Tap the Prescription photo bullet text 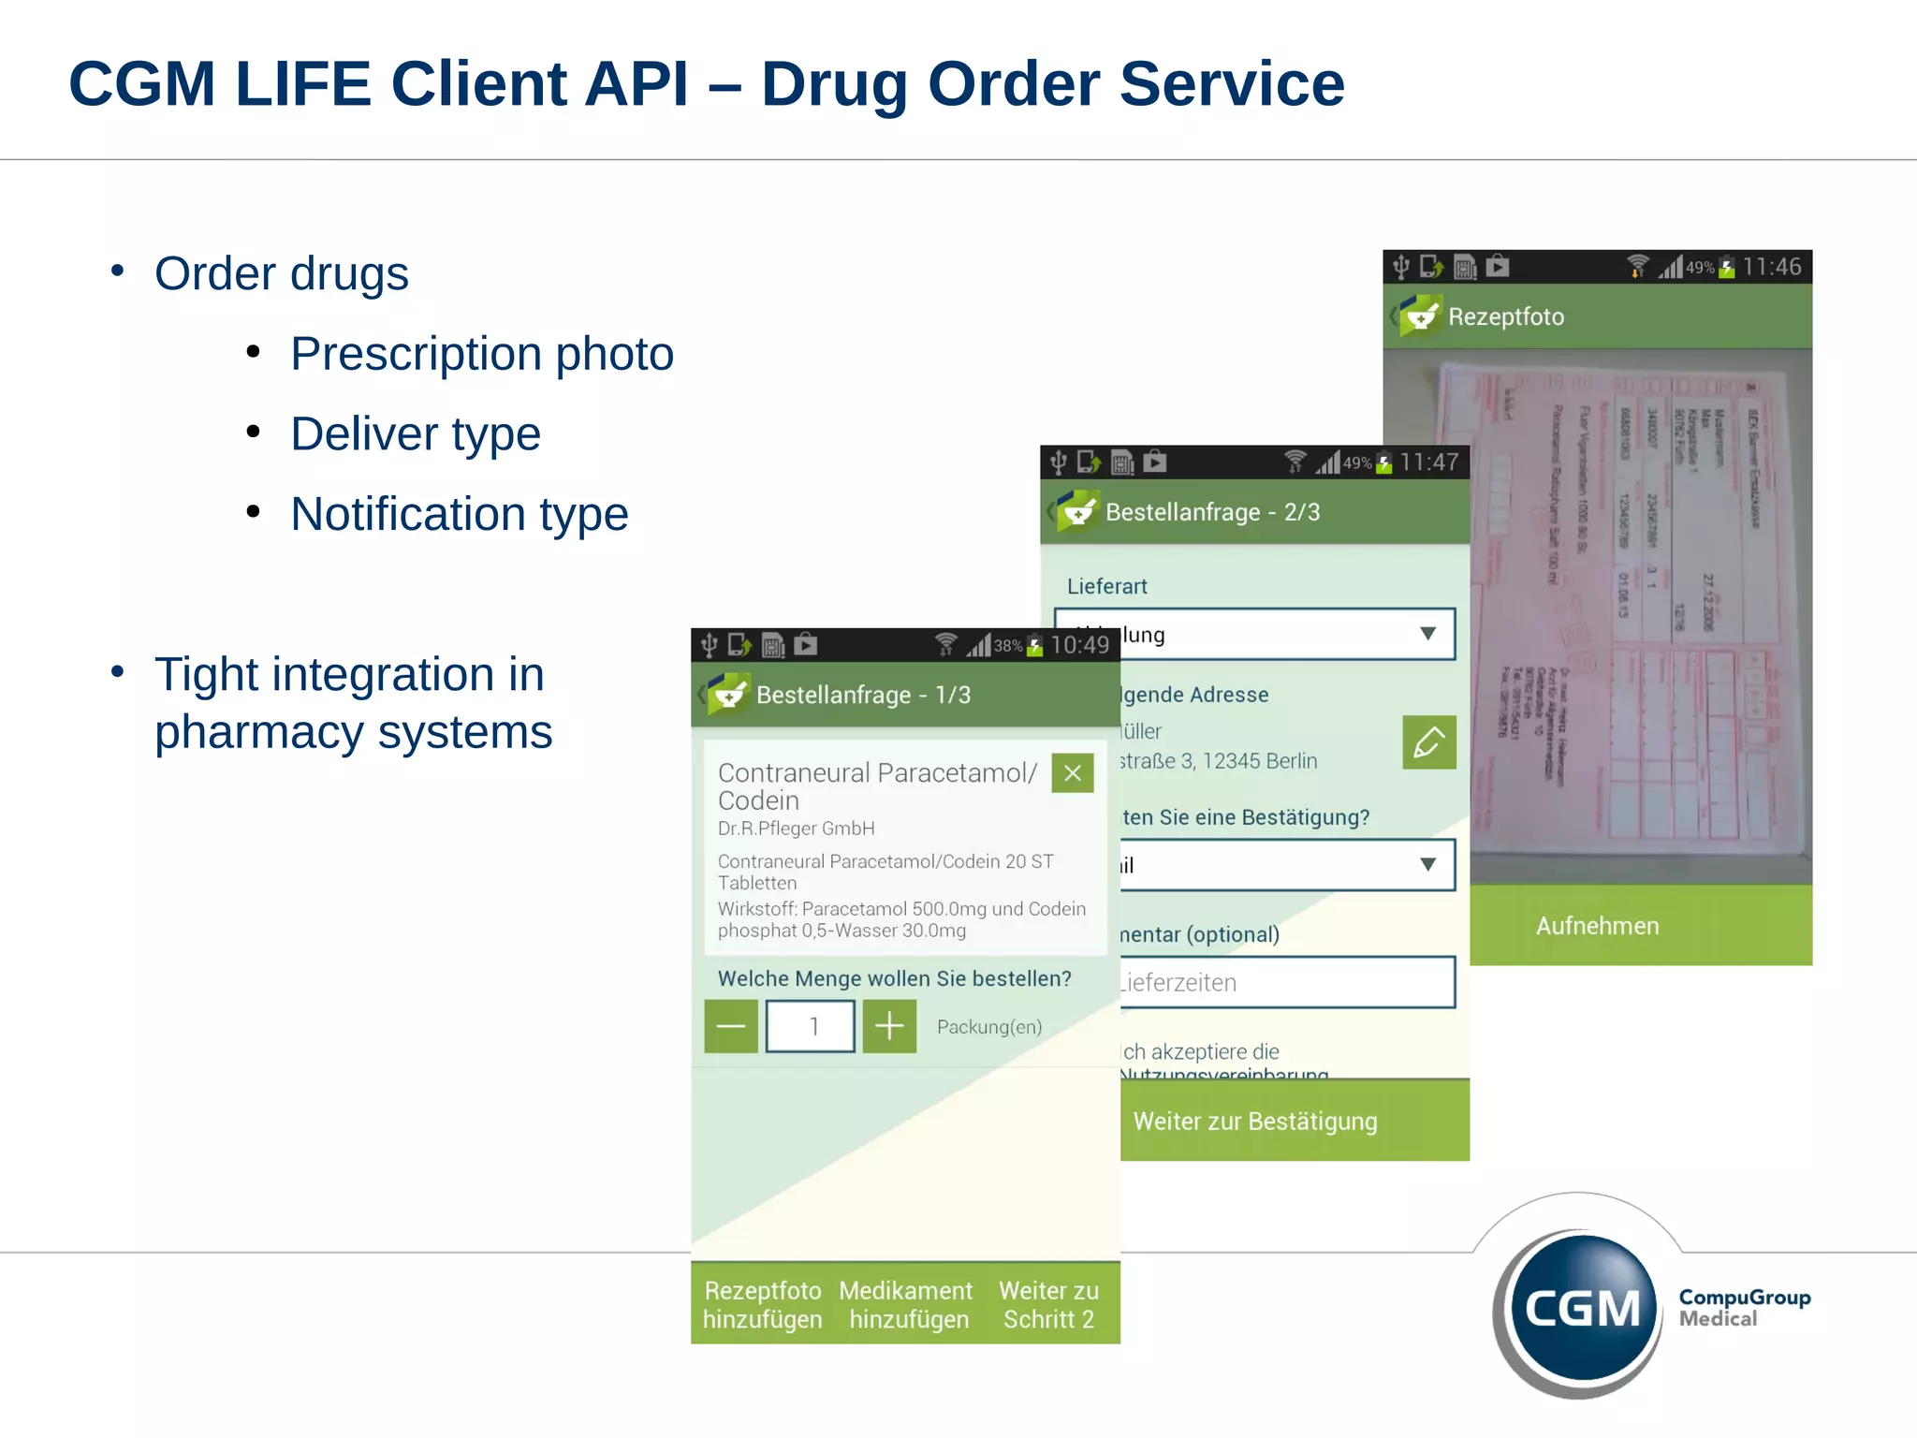[481, 354]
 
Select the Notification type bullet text [459, 514]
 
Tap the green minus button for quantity [730, 1027]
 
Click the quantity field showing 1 [811, 1027]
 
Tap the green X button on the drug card [1073, 773]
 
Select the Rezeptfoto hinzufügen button [762, 1304]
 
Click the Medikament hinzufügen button [906, 1304]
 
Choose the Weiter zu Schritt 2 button [1048, 1304]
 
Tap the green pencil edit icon [1428, 742]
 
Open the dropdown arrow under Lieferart [1427, 634]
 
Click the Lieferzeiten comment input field [1287, 982]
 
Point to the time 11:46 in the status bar [1771, 267]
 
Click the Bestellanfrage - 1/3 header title [863, 695]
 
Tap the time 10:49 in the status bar [1079, 645]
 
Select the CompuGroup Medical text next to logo [1744, 1308]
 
